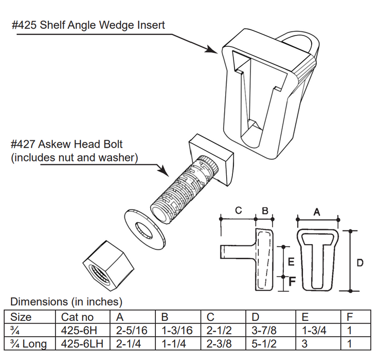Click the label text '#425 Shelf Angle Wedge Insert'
coord(88,25)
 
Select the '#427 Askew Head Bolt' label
coord(67,145)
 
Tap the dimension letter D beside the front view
coord(360,263)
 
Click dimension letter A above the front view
coord(317,211)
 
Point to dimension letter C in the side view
coord(238,210)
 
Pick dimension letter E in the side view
coord(291,262)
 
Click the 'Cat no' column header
coord(76,317)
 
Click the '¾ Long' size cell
coord(28,344)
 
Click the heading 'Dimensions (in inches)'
coord(66,301)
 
